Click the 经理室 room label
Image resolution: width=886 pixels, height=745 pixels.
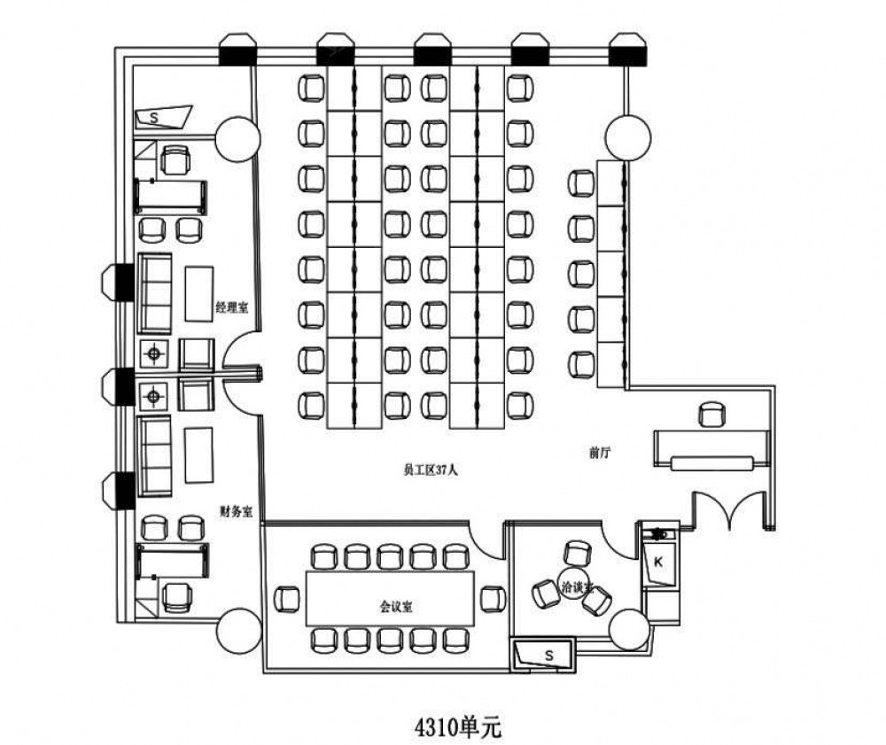click(231, 307)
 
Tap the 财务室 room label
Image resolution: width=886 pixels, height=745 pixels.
click(237, 511)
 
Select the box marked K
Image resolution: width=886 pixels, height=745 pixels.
click(659, 562)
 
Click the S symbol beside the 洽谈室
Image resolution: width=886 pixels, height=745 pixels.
click(548, 656)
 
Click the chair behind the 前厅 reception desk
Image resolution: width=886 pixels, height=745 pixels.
click(711, 414)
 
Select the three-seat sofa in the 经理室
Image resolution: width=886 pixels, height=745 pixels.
click(155, 291)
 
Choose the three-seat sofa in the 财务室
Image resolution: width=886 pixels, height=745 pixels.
click(155, 455)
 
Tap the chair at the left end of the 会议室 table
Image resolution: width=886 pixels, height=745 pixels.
click(288, 599)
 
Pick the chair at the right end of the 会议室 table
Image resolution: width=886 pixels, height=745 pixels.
click(492, 599)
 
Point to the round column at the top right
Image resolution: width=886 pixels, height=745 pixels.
click(629, 137)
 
